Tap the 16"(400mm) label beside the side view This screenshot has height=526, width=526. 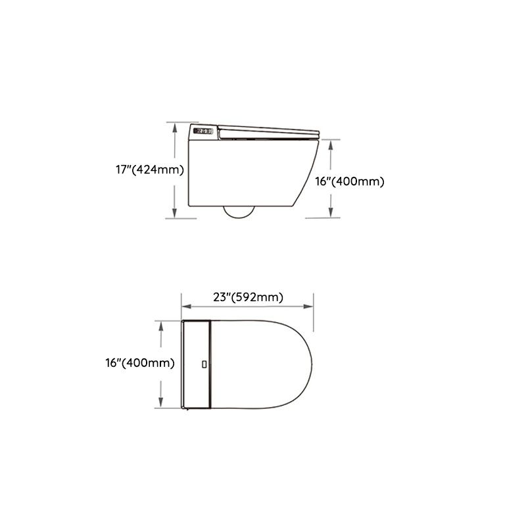pyautogui.click(x=349, y=181)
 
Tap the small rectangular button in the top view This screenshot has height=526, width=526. pyautogui.click(x=204, y=363)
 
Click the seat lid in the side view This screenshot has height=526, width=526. pyautogui.click(x=266, y=130)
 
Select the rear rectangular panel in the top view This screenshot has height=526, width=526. pyautogui.click(x=196, y=363)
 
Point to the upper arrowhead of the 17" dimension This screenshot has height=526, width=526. pyautogui.click(x=175, y=128)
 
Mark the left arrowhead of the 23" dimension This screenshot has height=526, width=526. pyautogui.click(x=185, y=306)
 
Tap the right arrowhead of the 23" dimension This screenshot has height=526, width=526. pyautogui.click(x=310, y=306)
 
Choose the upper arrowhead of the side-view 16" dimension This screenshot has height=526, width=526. pyautogui.click(x=330, y=145)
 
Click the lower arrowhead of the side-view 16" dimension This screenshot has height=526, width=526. pyautogui.click(x=330, y=212)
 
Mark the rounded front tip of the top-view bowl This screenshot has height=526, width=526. pyautogui.click(x=313, y=363)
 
